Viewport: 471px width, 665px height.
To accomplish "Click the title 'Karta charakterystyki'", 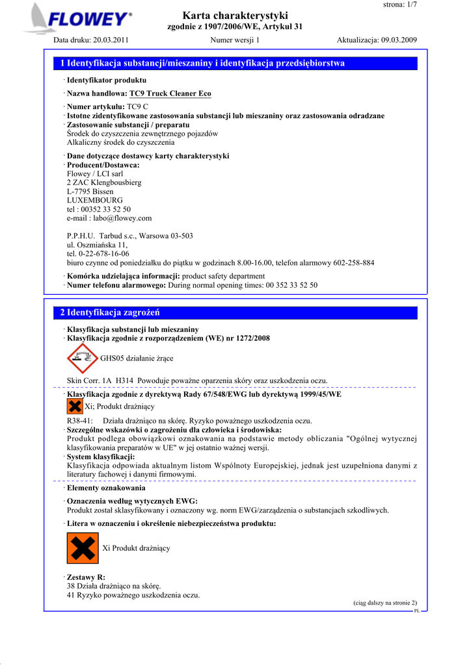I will coord(235,15).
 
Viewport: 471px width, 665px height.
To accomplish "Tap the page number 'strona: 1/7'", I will coord(397,5).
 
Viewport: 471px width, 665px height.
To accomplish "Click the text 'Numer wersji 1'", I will coord(235,40).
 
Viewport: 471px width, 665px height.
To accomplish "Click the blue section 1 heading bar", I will coord(235,63).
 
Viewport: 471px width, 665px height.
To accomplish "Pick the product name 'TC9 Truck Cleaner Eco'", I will coord(170,94).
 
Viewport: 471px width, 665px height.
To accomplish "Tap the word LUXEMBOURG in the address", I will coord(95,201).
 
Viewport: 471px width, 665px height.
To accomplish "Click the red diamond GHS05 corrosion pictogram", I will coord(82,358).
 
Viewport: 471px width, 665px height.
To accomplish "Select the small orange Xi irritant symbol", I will coord(75,407).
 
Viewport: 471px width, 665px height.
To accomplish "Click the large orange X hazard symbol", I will coord(83,548).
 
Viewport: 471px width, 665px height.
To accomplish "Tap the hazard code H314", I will coord(124,381).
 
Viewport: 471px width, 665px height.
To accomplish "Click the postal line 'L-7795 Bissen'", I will coord(90,192).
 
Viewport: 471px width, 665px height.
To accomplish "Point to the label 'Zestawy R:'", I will coord(86,577).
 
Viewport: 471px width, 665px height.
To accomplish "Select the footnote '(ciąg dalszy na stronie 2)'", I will coord(385,603).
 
